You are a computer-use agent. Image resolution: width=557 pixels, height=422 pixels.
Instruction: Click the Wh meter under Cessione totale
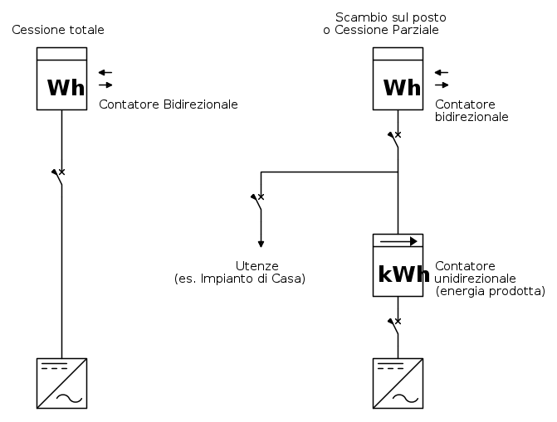(61, 79)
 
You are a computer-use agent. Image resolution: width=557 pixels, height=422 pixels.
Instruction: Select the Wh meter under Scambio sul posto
(398, 79)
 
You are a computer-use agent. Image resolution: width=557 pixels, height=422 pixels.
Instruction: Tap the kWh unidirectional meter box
(398, 265)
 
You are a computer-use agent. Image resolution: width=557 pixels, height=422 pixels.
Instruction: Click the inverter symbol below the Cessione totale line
(62, 383)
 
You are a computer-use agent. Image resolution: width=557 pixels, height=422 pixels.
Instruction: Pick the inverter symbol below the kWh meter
(398, 383)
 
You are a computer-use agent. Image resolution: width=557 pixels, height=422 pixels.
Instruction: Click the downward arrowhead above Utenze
(261, 244)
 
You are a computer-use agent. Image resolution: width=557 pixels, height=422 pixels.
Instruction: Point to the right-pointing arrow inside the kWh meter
(398, 241)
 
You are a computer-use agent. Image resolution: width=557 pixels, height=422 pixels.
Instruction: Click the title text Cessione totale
(58, 31)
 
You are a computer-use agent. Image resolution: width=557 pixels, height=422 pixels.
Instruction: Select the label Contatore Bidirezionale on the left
(169, 104)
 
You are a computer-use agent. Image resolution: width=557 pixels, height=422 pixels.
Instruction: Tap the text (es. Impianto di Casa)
(240, 279)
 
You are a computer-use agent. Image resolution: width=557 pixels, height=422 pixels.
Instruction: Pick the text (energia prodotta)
(490, 291)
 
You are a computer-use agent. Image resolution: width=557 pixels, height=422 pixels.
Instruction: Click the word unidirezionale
(476, 278)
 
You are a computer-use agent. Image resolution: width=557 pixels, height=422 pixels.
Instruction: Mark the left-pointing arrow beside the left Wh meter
(105, 72)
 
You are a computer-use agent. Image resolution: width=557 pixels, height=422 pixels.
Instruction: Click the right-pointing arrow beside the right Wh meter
(442, 85)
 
